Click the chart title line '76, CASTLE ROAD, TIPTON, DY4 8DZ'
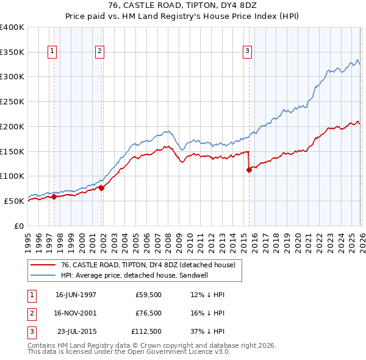pos(183,6)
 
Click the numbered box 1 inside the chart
pos(53,52)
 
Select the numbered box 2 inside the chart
pos(99,52)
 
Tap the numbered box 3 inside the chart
pos(248,52)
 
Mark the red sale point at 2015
pos(249,170)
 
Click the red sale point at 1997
pos(54,196)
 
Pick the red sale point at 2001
pos(101,188)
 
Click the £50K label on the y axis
pos(14,201)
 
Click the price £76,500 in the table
pos(149,313)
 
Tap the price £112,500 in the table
pos(147,332)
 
